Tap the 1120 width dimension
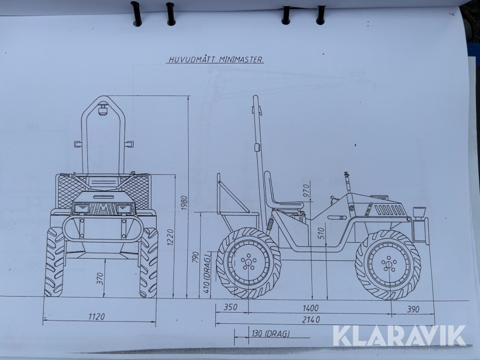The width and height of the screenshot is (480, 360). tap(97, 316)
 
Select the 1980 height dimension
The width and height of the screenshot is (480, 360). tap(184, 203)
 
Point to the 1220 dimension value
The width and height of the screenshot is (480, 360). tap(171, 237)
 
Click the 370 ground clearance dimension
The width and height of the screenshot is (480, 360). tap(100, 278)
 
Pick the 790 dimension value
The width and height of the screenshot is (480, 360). tap(196, 258)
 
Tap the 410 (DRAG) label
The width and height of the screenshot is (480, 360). tap(207, 273)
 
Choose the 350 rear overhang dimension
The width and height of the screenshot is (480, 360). tap(230, 307)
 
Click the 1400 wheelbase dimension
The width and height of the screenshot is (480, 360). tap(310, 308)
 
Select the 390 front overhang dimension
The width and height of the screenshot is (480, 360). tap(413, 309)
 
